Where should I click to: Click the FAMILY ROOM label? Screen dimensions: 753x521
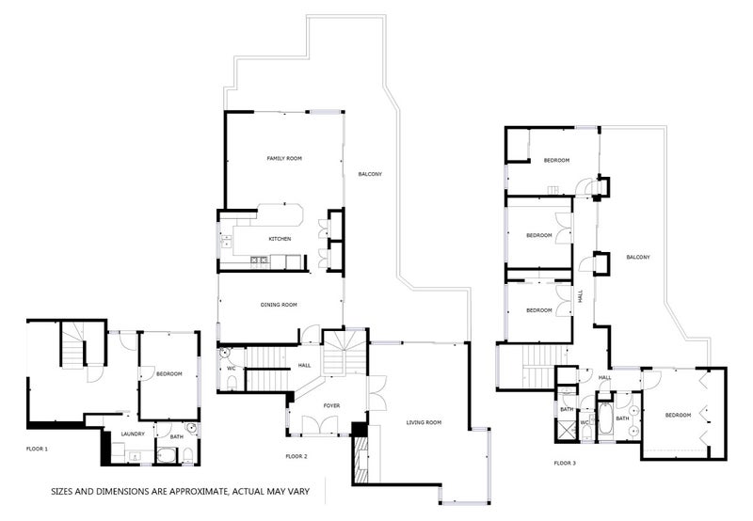coord(284,158)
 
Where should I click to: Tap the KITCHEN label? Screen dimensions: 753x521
coord(280,239)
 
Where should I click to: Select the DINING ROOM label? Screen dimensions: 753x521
coord(279,305)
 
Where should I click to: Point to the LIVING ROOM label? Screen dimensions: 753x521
coord(424,422)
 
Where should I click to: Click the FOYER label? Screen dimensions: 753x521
coord(331,406)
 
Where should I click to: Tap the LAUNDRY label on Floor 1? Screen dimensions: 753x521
coord(133,434)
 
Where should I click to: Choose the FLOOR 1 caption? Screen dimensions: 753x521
coord(37,449)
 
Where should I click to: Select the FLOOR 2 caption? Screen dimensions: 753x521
coord(296,456)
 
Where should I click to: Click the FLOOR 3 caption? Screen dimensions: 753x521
coord(565,463)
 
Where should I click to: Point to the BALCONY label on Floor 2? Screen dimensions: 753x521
coord(370,174)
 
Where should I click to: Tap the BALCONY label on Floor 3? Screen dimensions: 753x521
coord(638,257)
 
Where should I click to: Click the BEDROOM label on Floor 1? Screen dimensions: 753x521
coord(169,373)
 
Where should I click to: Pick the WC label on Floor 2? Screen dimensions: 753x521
coord(231,369)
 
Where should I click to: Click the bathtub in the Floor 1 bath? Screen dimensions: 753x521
coord(168,455)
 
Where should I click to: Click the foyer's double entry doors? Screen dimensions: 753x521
coord(320,426)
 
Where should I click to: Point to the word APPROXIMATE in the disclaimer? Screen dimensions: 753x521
coord(197,491)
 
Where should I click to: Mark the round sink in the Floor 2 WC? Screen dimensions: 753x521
coord(225,354)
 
